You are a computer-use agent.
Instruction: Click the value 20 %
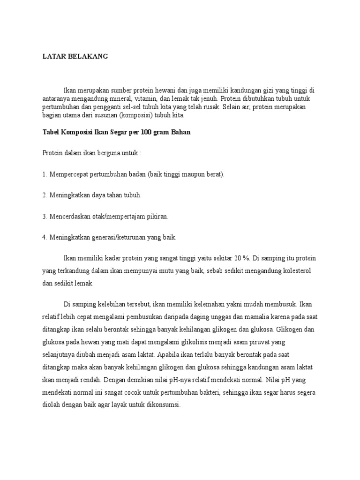click(244, 258)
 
